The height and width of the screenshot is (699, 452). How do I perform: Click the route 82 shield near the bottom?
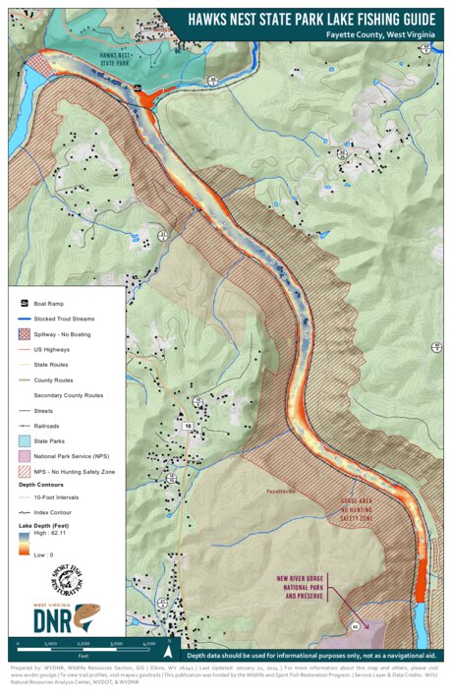coord(353,624)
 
